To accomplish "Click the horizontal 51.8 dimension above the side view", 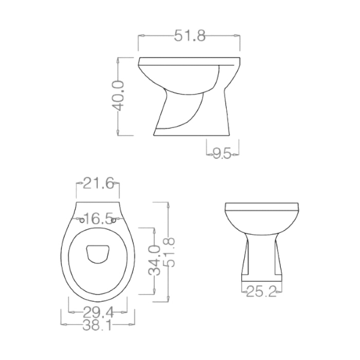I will pyautogui.click(x=190, y=37).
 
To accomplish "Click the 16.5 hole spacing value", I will pyautogui.click(x=98, y=218).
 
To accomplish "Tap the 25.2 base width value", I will pyautogui.click(x=262, y=292).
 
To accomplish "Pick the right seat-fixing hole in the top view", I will pyautogui.click(x=116, y=220).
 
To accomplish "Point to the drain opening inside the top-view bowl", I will pyautogui.click(x=98, y=254).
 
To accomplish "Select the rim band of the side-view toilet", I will pyautogui.click(x=189, y=61).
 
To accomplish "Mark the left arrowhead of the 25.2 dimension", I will pyautogui.click(x=244, y=292).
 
